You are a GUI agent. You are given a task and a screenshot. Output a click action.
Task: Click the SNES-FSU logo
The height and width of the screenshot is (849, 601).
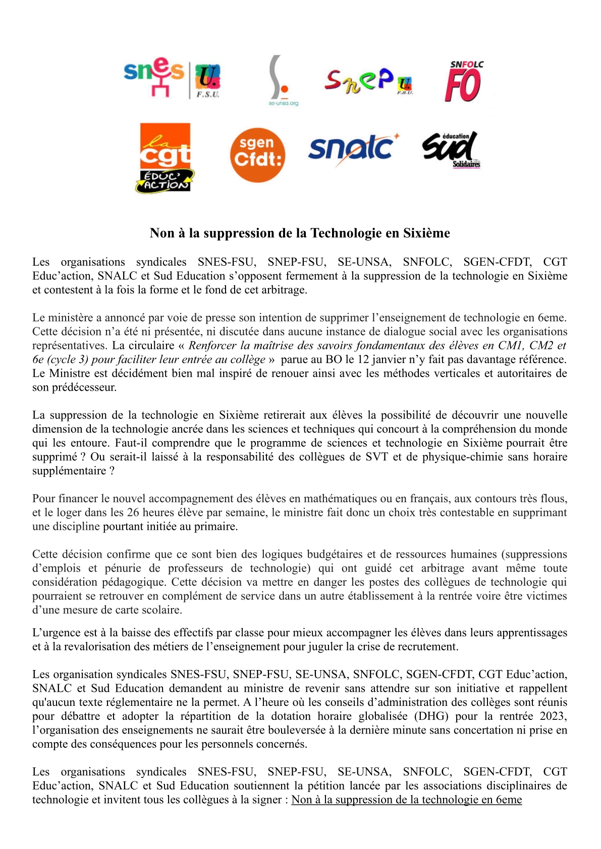coord(172,78)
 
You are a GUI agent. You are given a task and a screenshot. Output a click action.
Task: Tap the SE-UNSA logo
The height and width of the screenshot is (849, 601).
coord(283,81)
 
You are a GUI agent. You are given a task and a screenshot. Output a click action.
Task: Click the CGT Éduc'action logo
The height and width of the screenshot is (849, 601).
coord(165,158)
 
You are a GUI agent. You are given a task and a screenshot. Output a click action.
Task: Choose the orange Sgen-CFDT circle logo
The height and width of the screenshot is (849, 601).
coord(257,155)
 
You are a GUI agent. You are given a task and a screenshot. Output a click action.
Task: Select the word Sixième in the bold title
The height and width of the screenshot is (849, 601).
coord(426,233)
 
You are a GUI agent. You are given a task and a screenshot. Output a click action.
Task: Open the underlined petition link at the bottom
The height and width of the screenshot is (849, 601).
coord(406,800)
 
